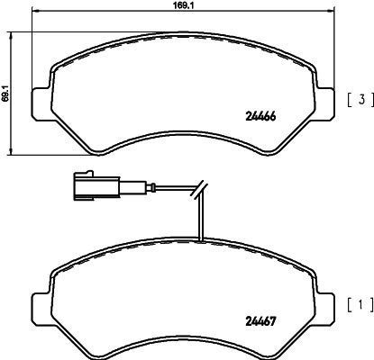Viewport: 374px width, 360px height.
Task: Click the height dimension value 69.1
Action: (x=5, y=93)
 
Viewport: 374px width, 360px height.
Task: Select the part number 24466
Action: (x=260, y=116)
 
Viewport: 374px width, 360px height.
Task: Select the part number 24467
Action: (x=260, y=321)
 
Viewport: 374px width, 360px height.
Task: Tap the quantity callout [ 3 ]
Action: (x=360, y=100)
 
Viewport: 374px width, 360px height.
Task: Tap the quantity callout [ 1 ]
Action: (x=360, y=305)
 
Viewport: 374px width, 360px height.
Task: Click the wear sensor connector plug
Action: (x=96, y=186)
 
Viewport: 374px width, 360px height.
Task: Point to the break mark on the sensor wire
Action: (x=199, y=189)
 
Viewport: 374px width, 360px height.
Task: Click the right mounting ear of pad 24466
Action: (x=324, y=103)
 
